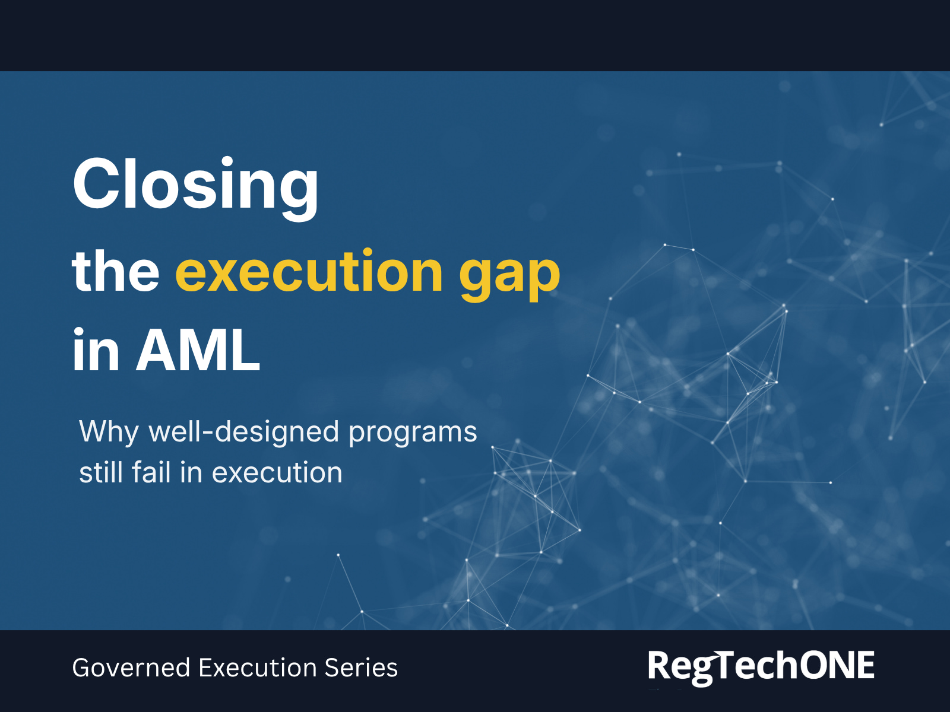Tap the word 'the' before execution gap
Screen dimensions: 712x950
click(115, 272)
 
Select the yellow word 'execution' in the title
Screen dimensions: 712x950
click(309, 272)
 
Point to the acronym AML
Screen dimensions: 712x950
click(198, 351)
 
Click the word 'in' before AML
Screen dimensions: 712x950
click(96, 351)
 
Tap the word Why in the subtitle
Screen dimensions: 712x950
click(109, 432)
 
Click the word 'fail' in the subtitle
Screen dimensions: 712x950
click(151, 473)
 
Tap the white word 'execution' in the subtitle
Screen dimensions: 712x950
click(277, 473)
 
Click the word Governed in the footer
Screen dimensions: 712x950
click(131, 668)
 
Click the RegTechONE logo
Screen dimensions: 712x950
click(761, 666)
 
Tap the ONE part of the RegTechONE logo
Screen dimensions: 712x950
click(837, 665)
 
